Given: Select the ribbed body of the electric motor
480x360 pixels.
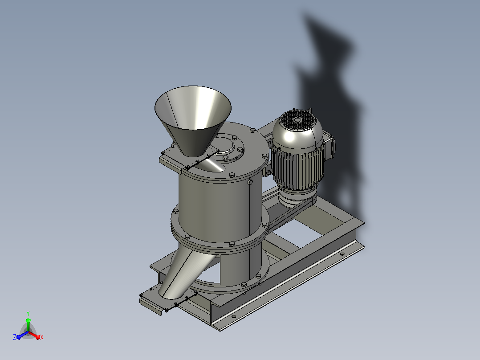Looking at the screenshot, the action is (x=297, y=167).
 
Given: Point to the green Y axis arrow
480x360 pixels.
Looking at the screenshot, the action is (x=28, y=324).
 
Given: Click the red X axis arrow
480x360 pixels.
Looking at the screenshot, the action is (x=34, y=335).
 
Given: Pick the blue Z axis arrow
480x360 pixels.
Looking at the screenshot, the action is (x=22, y=335).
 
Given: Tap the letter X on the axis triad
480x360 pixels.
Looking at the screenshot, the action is (x=42, y=337).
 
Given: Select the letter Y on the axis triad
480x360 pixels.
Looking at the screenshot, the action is (x=28, y=313).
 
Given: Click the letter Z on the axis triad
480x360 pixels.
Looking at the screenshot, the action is (x=14, y=337).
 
